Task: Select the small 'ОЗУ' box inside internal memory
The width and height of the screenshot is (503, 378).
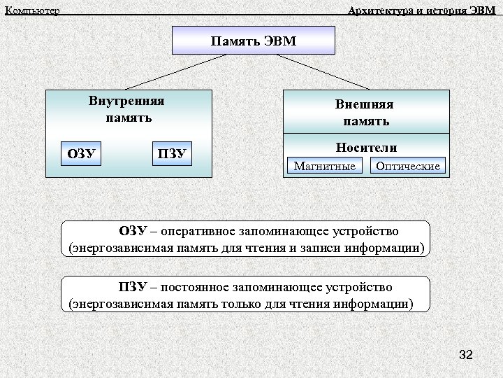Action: pos(82,153)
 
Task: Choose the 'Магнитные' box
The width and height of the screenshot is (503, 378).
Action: pos(324,166)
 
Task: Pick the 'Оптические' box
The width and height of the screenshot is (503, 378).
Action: pos(408,166)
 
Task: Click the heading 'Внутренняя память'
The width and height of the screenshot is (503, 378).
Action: pos(128,109)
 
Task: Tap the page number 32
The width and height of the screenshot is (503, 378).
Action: pos(466,356)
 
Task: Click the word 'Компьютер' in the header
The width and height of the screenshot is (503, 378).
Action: pos(32,10)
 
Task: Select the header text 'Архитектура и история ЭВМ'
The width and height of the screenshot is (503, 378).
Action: pos(421,10)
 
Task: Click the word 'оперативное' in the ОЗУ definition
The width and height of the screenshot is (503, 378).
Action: pos(194,231)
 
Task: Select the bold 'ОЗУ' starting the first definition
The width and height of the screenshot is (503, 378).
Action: pos(133,231)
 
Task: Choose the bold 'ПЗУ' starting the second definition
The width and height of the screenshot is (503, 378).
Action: pos(133,288)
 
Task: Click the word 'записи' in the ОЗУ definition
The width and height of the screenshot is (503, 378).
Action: pos(331,248)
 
